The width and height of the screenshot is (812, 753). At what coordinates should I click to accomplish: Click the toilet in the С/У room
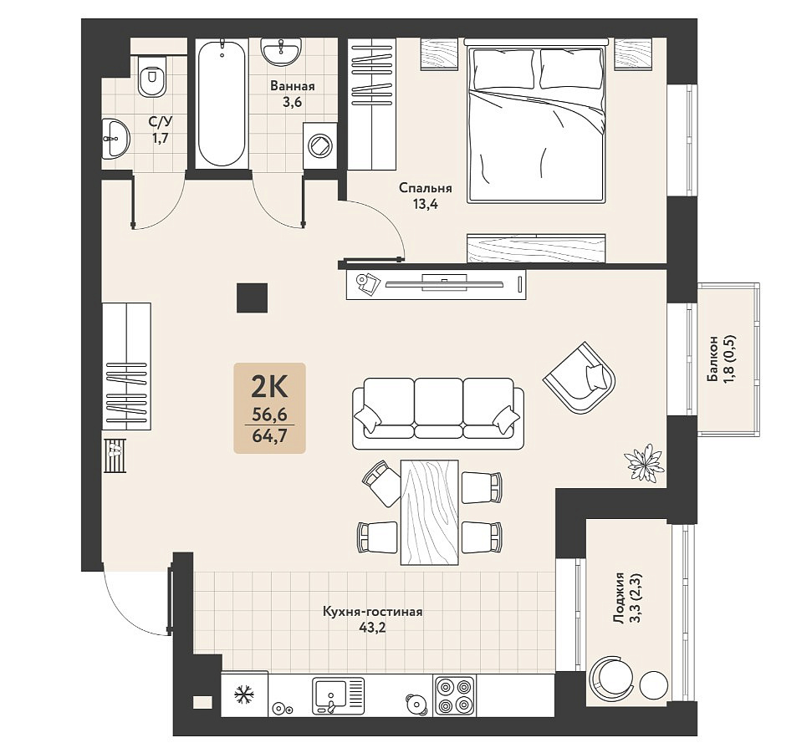[x=152, y=77]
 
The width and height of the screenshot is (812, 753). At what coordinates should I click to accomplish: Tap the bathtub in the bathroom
[x=222, y=104]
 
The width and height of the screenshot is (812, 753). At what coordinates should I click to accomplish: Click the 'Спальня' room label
[x=425, y=188]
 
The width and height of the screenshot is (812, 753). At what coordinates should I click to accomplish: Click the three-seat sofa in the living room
[x=438, y=413]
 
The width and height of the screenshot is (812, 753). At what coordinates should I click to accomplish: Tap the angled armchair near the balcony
[x=580, y=377]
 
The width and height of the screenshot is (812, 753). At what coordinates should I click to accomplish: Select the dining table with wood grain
[x=430, y=511]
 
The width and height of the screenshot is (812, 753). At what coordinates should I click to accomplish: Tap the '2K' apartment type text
[x=269, y=387]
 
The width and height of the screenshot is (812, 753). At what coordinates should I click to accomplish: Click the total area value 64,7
[x=269, y=435]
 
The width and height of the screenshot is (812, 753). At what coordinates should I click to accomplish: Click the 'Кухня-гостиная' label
[x=373, y=613]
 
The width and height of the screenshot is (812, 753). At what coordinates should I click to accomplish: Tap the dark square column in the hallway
[x=253, y=298]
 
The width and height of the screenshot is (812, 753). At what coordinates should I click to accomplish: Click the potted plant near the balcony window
[x=644, y=461]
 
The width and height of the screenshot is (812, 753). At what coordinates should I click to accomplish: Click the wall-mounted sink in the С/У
[x=115, y=138]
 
